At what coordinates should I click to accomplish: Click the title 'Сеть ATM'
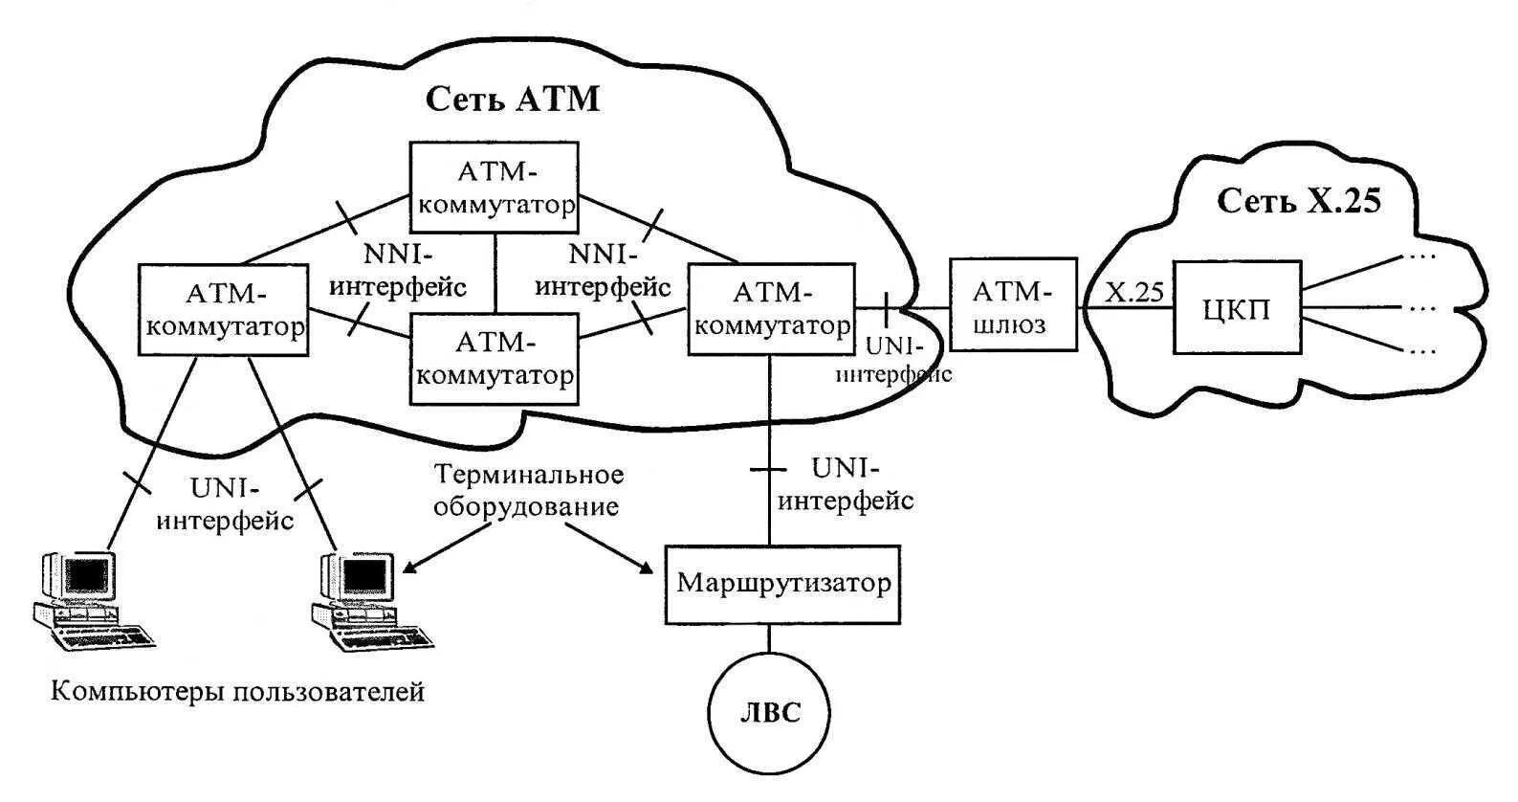click(513, 100)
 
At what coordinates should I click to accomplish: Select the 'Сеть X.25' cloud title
click(1298, 201)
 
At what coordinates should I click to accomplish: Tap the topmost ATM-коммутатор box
click(494, 188)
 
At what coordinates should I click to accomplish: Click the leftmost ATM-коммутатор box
click(223, 310)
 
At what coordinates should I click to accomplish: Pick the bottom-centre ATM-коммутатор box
click(494, 359)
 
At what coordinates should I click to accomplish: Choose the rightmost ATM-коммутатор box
click(771, 309)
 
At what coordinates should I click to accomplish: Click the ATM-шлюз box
click(1013, 304)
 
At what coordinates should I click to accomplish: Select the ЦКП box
click(1237, 307)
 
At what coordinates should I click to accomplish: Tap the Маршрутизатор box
click(782, 585)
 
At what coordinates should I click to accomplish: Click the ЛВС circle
click(769, 712)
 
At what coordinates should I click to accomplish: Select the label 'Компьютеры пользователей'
click(238, 692)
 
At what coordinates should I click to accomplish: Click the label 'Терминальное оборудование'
click(528, 490)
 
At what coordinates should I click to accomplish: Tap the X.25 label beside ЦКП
click(1134, 292)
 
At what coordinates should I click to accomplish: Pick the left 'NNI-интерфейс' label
click(398, 271)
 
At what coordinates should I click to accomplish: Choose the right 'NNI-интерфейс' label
click(604, 271)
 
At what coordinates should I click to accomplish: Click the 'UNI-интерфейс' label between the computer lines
click(225, 505)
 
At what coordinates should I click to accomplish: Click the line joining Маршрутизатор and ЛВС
click(769, 638)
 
